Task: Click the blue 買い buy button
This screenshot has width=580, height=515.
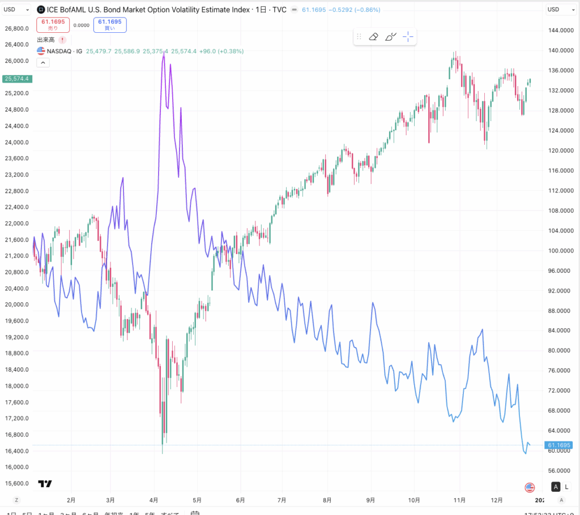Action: click(x=110, y=25)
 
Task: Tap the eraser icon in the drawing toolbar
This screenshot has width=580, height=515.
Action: click(x=373, y=37)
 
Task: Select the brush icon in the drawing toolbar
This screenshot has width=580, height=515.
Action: click(x=391, y=37)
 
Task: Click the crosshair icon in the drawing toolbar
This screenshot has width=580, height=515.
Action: click(x=408, y=37)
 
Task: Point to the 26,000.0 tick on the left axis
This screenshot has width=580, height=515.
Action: click(x=17, y=61)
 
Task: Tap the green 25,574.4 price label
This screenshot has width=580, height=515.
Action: click(x=16, y=79)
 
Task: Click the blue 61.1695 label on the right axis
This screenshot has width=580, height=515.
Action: click(x=559, y=445)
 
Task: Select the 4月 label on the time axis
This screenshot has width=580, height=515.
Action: click(x=154, y=500)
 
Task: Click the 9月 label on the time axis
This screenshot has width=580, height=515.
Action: click(x=372, y=500)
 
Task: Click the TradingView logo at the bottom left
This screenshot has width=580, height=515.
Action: click(x=45, y=484)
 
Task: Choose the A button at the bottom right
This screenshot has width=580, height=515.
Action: click(x=556, y=487)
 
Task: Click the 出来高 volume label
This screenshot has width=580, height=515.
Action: click(x=46, y=40)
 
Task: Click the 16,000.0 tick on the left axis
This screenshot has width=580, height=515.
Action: click(x=17, y=467)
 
